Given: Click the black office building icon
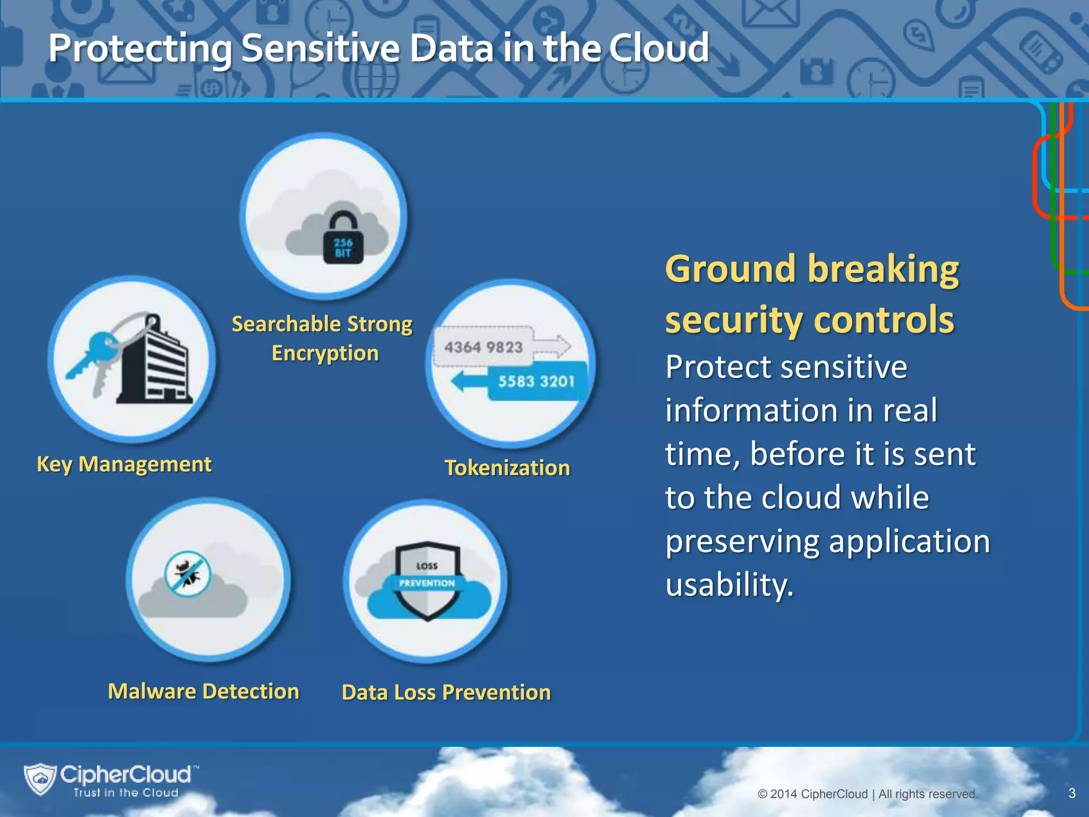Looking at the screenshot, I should pos(154,367).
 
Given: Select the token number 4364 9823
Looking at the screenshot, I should pos(483,347).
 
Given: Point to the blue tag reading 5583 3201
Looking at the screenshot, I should pos(536,381).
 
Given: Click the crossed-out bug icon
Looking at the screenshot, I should pos(188,574).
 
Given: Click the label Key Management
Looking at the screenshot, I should pos(124,464).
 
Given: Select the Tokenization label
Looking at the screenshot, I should pos(507,468).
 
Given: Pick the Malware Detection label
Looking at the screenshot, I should pos(203,691).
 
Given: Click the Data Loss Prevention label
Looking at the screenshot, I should pos(446,693).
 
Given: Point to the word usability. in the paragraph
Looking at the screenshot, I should pos(729,585).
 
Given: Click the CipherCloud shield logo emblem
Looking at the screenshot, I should pos(40,779).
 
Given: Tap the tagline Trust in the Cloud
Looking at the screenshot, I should pos(125,793).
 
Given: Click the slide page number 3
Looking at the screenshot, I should pos(1071,793).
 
